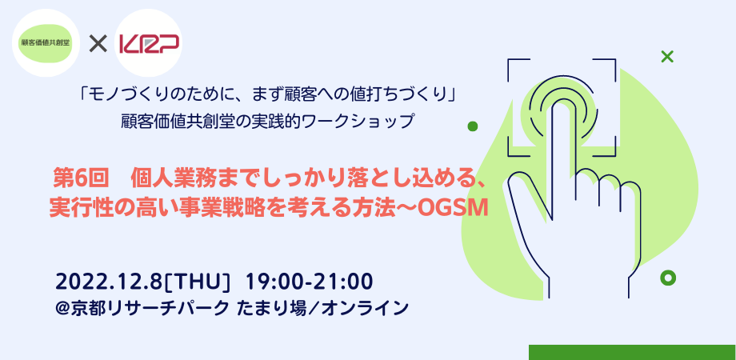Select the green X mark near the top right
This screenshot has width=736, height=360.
click(x=666, y=57)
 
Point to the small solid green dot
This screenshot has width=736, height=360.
click(x=472, y=126)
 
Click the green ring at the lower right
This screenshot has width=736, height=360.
click(x=668, y=277)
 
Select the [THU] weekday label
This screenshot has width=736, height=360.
click(x=198, y=281)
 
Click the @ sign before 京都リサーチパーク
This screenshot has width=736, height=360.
click(x=64, y=306)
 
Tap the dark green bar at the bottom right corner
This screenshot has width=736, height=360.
click(x=632, y=352)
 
